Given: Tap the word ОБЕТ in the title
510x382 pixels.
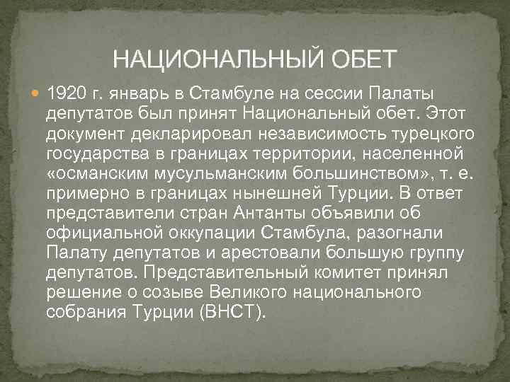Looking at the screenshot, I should coord(364,57).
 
